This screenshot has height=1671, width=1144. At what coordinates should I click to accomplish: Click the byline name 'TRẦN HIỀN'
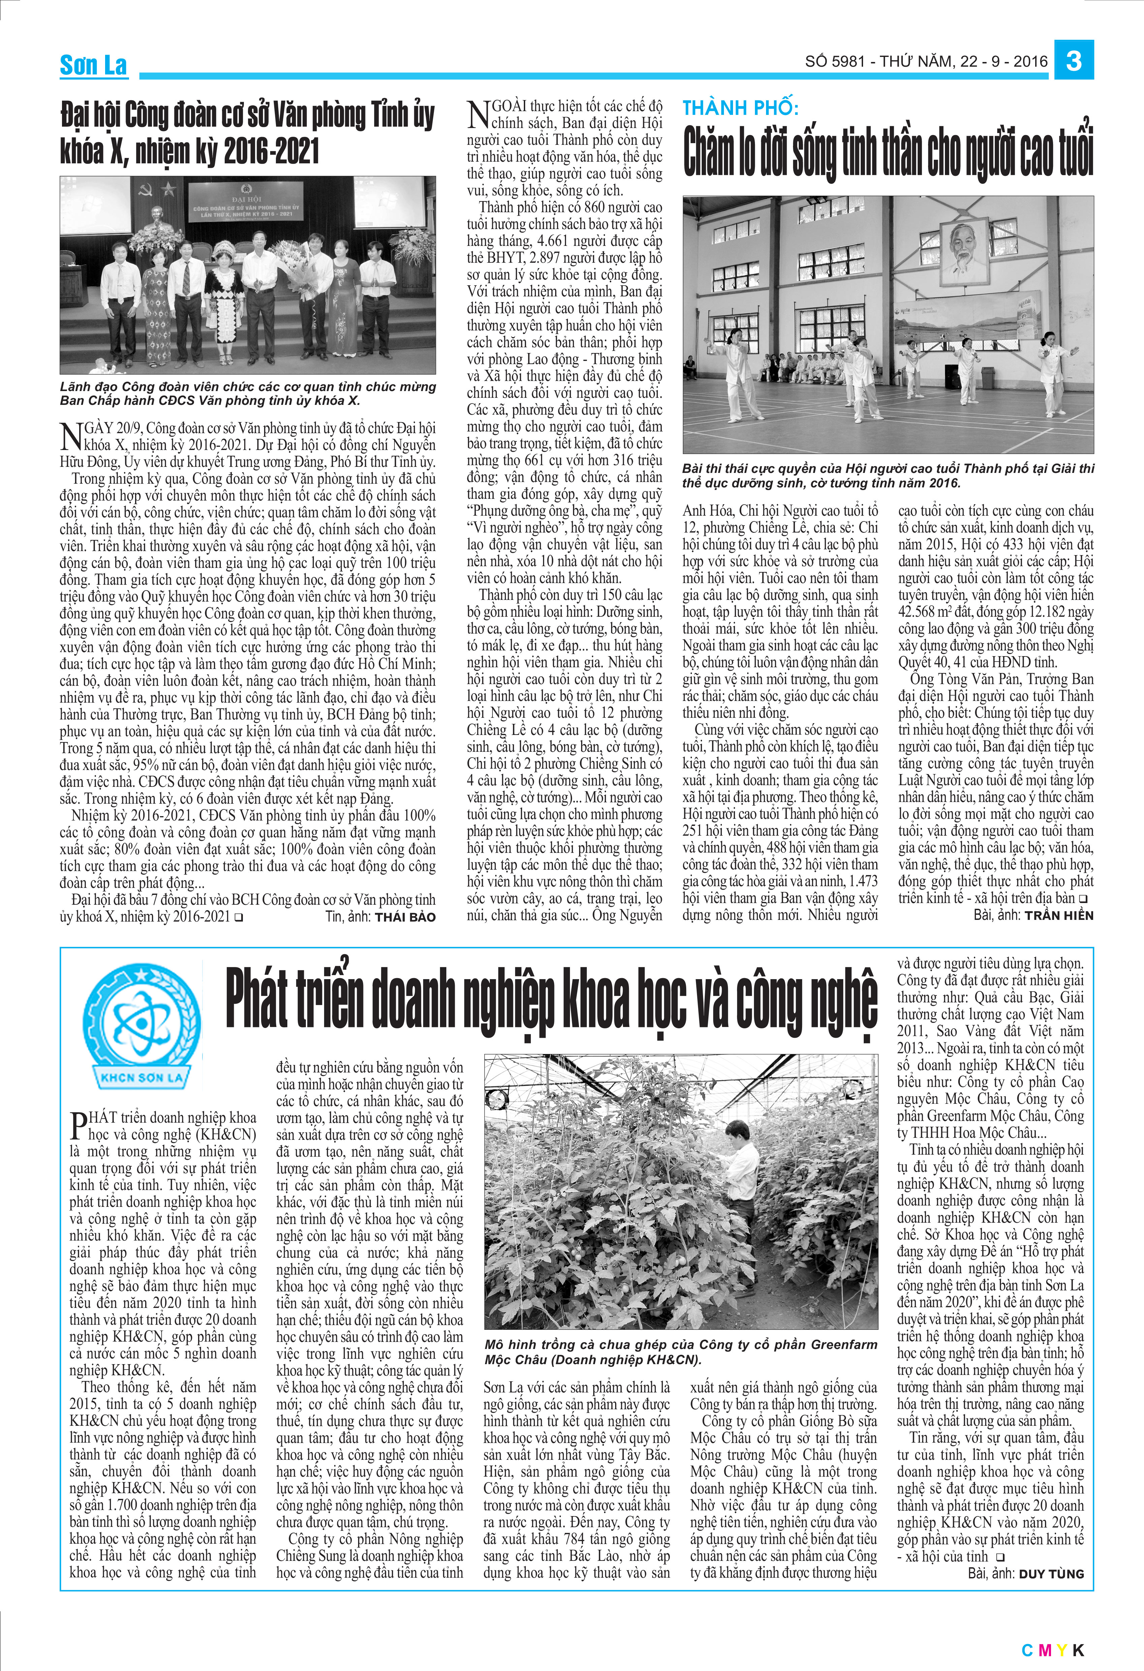pyautogui.click(x=1058, y=915)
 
